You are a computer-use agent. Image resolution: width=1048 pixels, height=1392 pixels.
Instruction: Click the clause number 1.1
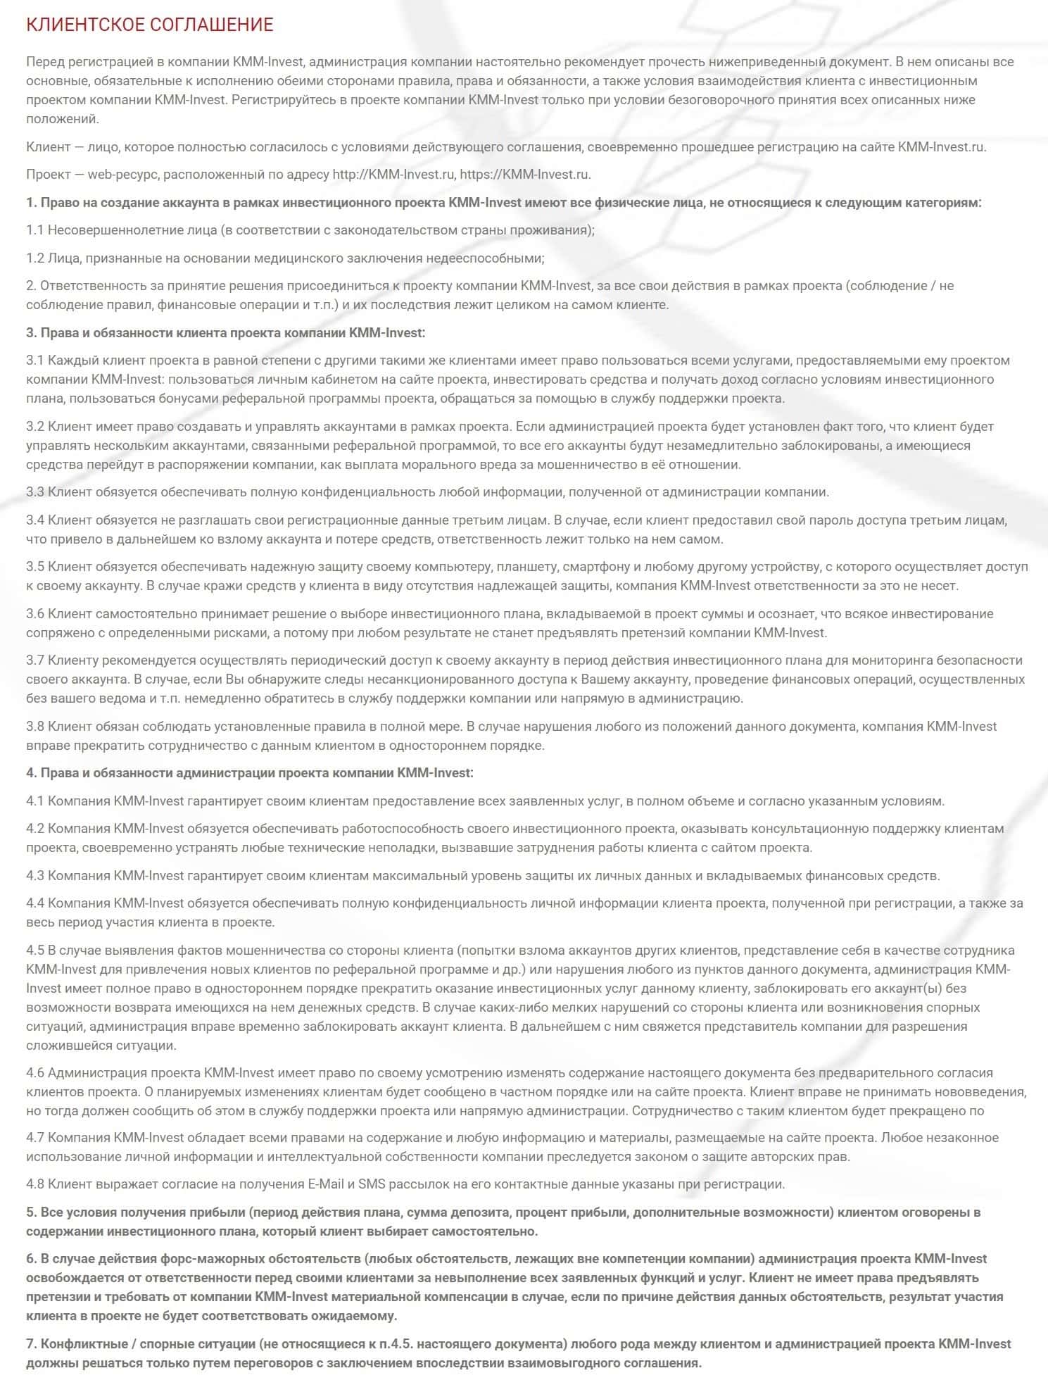pyautogui.click(x=35, y=230)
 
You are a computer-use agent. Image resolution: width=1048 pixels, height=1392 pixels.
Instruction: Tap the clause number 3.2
pyautogui.click(x=35, y=426)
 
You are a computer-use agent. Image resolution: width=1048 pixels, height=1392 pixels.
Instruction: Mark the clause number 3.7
pyautogui.click(x=35, y=660)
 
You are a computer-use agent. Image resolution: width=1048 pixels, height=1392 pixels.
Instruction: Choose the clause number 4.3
pyautogui.click(x=35, y=876)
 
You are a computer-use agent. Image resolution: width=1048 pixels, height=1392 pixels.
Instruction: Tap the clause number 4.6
pyautogui.click(x=35, y=1073)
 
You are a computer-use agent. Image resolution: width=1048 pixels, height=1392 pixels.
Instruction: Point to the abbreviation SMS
pyautogui.click(x=372, y=1184)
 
